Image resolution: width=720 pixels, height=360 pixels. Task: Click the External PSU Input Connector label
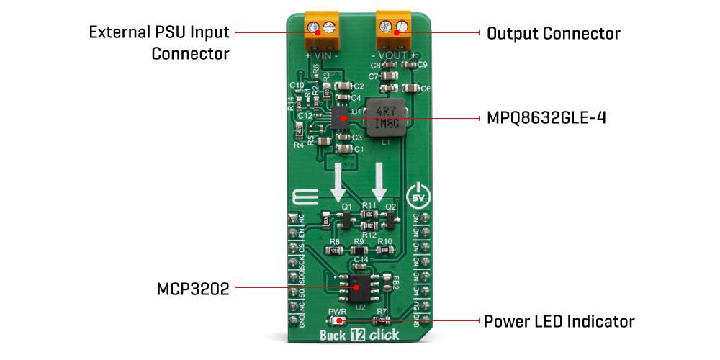point(159,42)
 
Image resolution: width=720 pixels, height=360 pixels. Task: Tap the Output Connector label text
point(553,33)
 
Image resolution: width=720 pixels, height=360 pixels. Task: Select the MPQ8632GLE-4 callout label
point(546,117)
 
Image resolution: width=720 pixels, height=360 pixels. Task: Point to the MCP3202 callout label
point(193,289)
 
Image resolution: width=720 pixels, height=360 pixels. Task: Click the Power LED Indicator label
point(559,320)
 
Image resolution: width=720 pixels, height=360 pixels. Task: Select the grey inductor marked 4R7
point(384,117)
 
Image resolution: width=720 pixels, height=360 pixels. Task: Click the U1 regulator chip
point(340,117)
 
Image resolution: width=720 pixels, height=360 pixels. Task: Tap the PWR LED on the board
point(338,320)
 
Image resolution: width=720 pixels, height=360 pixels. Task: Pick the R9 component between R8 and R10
point(358,250)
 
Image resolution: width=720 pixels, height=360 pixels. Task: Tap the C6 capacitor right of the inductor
point(411,89)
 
